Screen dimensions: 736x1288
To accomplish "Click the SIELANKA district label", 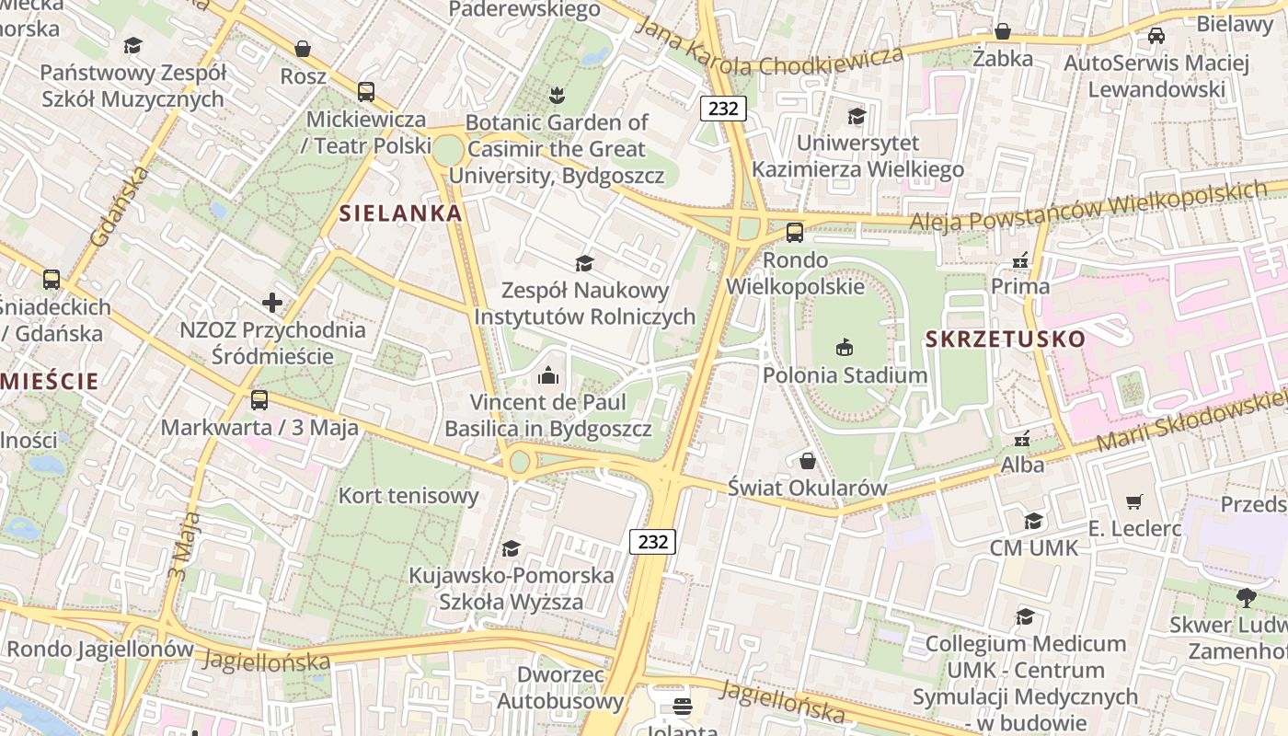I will [400, 213].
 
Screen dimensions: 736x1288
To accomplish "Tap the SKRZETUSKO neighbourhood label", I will [1006, 339].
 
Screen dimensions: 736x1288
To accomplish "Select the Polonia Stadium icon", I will [845, 347].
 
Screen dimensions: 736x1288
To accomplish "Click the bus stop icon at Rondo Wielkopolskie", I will [795, 232].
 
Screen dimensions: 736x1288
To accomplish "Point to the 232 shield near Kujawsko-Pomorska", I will [652, 541].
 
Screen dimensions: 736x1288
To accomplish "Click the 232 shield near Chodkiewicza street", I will [723, 108].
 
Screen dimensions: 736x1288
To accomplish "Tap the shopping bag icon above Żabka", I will [1003, 31].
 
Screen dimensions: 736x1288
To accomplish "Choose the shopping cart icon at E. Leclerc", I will [1134, 501].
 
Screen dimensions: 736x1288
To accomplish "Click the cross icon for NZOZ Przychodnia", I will [272, 302].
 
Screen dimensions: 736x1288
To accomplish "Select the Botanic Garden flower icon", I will [556, 94].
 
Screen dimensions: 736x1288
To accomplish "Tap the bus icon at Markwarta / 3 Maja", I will [259, 400].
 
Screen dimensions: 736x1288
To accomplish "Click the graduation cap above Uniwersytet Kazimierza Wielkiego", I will [857, 116].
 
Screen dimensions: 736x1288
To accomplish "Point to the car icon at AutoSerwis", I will [1156, 35].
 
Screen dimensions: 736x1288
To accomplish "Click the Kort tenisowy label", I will [408, 496].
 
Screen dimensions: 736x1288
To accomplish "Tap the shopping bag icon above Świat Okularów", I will [808, 460].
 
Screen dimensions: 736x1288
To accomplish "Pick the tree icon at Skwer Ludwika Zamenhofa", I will [1247, 598].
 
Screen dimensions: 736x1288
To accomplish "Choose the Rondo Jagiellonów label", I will [100, 649].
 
